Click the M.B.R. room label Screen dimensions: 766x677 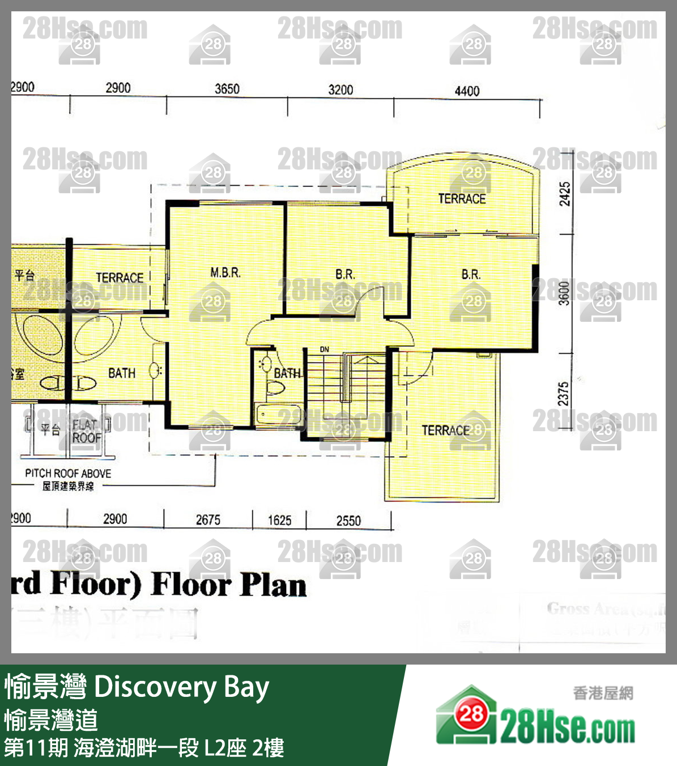point(225,273)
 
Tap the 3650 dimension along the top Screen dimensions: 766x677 point(227,89)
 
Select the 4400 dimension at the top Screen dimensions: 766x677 point(467,91)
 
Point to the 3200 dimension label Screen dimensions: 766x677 point(340,90)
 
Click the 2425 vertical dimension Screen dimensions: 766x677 point(565,194)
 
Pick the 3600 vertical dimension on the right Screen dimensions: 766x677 point(564,293)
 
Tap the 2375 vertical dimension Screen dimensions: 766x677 point(563,394)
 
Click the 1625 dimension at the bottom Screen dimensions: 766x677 point(279,520)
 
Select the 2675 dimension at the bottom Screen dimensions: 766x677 point(208,520)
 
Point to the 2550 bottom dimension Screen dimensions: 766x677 point(348,521)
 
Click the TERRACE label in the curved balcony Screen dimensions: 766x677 point(462,199)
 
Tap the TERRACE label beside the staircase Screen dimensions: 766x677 point(446,431)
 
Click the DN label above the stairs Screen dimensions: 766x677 point(325,350)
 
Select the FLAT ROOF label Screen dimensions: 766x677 point(86,431)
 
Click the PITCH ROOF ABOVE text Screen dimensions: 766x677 point(68,473)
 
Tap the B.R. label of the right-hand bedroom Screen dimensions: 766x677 point(471,275)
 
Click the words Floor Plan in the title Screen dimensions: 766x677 point(229,585)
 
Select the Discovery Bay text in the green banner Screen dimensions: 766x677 point(181,687)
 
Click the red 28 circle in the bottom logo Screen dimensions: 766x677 point(471,714)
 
